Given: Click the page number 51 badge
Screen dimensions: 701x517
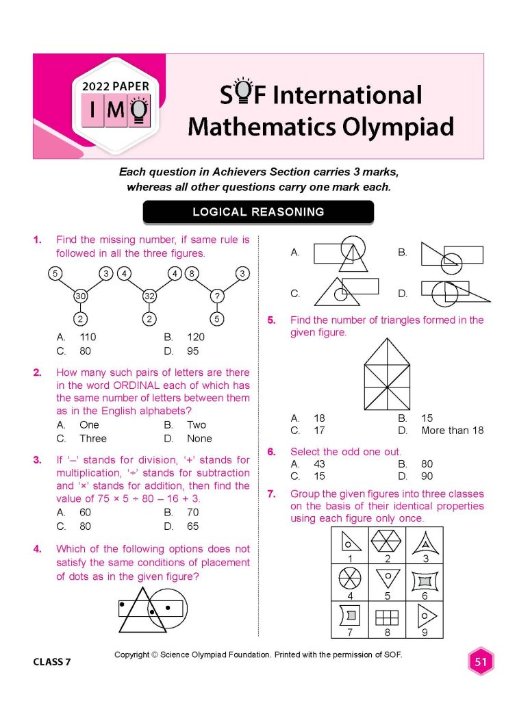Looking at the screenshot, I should (480, 662).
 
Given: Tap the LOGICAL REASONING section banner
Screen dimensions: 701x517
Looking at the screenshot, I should (258, 212).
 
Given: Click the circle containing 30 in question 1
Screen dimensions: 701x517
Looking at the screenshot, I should (81, 296).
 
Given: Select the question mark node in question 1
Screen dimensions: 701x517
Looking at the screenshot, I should (217, 296).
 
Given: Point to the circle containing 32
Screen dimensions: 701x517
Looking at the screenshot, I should (149, 296).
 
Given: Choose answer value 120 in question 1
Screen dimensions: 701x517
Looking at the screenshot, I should (195, 337).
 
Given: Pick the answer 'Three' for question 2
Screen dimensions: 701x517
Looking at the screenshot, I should (93, 438).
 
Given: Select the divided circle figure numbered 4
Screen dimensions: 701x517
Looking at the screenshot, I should (350, 580).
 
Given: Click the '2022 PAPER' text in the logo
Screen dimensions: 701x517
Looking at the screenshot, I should (116, 87).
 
